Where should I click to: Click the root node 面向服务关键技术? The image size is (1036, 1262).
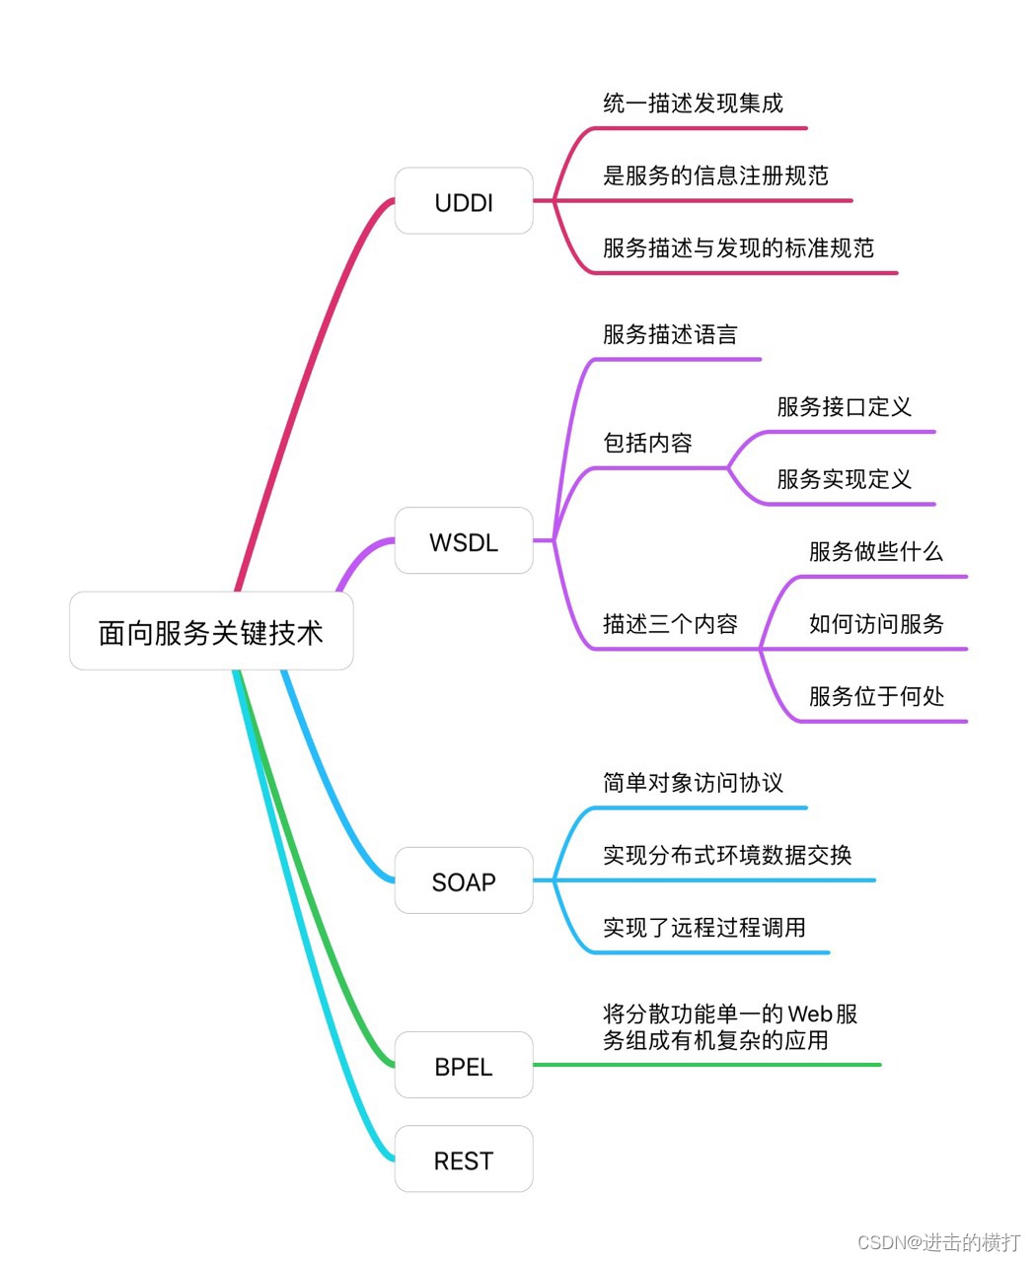coord(211,632)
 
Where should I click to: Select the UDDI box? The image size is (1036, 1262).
coord(464,202)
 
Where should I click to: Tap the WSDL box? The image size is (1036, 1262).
coord(464,541)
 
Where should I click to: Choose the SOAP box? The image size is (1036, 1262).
coord(464,881)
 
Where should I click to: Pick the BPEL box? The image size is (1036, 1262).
coord(464,1066)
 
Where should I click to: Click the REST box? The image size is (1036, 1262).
coord(464,1160)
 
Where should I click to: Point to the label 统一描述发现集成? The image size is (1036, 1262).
coord(693,104)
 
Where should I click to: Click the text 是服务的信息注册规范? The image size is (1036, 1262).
coord(715,176)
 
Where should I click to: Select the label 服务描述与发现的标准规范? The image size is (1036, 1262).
coord(738,248)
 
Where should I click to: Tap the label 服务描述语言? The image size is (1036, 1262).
coord(670,335)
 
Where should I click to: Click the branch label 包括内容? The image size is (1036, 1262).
coord(647,444)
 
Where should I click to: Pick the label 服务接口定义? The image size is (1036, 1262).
coord(844,407)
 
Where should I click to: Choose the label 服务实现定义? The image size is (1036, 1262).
coord(844,480)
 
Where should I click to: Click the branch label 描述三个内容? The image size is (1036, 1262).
coord(670,624)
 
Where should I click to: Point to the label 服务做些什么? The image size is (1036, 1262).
coord(876,552)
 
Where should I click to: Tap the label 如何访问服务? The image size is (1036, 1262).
coord(876,624)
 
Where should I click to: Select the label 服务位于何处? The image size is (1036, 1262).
coord(876,697)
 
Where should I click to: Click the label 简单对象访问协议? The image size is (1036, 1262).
coord(693,784)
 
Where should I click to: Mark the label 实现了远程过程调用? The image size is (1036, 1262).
coord(704,928)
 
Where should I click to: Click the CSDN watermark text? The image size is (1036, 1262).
coord(938,1242)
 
